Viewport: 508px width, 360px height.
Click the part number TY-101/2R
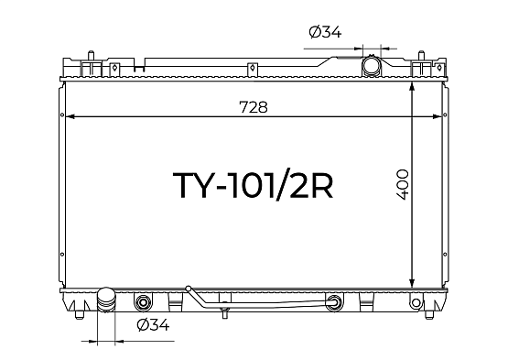coord(253,185)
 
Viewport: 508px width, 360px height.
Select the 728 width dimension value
coord(254,107)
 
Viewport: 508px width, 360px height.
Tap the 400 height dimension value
coord(403,184)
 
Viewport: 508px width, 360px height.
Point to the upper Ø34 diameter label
coord(325,32)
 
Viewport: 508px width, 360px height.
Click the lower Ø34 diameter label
coord(153,324)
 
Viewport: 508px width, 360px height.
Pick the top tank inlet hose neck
coord(372,66)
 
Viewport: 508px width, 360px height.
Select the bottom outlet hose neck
coord(106,300)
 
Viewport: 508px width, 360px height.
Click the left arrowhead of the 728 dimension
coord(70,116)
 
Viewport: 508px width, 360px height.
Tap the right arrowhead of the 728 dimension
coord(437,116)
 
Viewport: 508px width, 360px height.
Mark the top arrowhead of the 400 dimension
coord(412,87)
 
